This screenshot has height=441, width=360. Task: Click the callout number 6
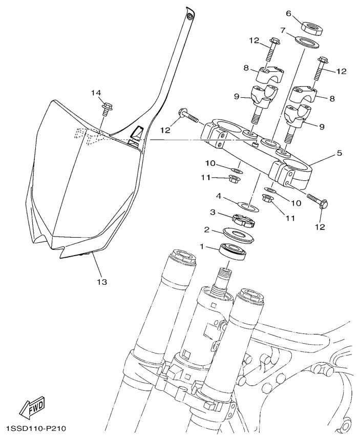point(288,14)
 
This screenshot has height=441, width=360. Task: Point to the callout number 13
point(102,281)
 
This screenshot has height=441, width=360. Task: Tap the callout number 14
point(97,93)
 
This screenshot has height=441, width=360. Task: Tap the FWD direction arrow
point(31,408)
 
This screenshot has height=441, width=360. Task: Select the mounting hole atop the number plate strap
point(190,16)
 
